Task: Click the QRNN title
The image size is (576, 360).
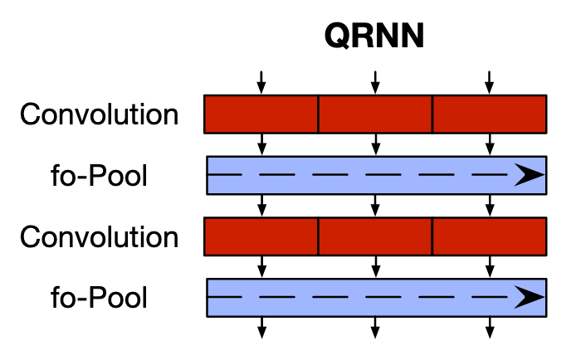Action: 374,37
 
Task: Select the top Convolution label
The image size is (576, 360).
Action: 99,114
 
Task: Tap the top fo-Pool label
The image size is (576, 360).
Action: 99,176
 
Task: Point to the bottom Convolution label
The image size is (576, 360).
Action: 99,237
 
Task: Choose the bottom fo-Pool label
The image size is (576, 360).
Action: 99,298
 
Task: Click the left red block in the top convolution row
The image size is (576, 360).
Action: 261,114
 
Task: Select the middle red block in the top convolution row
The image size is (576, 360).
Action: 375,114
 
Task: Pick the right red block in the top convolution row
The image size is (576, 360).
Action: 489,114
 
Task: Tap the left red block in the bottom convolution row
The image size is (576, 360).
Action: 261,236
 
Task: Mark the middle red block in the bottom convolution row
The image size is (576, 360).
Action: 375,236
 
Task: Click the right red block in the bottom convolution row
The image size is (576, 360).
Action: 489,236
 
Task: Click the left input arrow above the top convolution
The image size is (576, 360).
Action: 261,82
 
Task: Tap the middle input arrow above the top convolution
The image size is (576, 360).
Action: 375,82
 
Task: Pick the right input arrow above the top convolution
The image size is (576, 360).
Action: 489,82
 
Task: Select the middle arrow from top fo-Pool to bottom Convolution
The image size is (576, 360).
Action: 375,206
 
